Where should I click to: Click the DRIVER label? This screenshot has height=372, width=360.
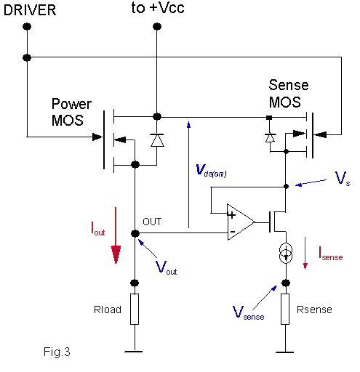coord(30,10)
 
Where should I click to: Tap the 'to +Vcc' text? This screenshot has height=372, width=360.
coord(158,8)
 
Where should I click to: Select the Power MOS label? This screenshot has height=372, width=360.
coord(71,112)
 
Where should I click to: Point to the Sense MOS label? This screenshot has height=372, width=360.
coord(289,93)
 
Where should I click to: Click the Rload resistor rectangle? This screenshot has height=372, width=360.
coord(135,309)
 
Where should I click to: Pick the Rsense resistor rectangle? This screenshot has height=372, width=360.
coord(285,309)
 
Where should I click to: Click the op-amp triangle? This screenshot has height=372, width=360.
coord(241,222)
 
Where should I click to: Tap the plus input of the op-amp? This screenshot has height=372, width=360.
coord(232,214)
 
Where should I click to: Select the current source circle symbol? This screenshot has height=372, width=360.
coord(286,253)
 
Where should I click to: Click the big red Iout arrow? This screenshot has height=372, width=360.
coord(116,235)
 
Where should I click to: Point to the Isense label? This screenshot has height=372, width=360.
coord(331,254)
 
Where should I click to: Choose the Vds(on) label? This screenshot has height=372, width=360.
coord(211,170)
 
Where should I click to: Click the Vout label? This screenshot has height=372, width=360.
coord(166,267)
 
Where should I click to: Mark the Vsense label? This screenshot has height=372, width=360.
coord(248,312)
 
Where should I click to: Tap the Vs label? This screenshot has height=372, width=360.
coord(343,179)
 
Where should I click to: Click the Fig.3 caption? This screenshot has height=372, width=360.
coord(57,352)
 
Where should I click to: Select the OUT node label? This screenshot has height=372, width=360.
coord(152,222)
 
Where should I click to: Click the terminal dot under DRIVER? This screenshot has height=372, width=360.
coord(27,26)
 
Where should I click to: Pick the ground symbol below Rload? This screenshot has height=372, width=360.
coord(134,351)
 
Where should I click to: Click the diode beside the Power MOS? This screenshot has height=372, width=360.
coord(157,140)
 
